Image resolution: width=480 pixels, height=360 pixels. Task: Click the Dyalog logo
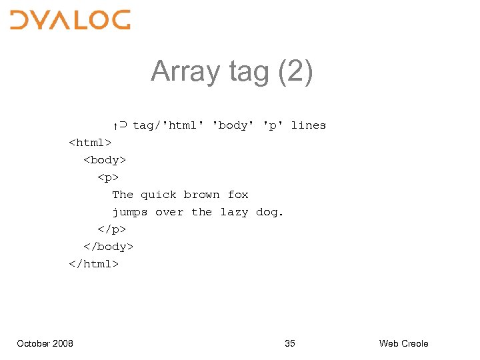[x=70, y=19]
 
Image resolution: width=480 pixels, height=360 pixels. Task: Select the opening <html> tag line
[x=90, y=143]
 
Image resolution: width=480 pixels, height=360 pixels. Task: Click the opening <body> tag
[x=104, y=160]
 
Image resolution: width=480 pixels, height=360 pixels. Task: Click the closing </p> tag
[x=111, y=229]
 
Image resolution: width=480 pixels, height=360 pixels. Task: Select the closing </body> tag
[x=107, y=247]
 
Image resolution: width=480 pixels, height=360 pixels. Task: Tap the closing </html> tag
[x=93, y=264]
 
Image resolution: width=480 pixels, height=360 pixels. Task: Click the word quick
[x=159, y=195]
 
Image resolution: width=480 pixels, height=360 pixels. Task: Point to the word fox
[x=238, y=195]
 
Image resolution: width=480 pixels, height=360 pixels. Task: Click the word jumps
[x=129, y=212]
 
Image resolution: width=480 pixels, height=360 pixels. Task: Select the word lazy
[x=234, y=212]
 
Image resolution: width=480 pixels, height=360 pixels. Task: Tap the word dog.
[x=269, y=212]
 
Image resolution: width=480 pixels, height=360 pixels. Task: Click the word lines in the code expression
[x=308, y=125]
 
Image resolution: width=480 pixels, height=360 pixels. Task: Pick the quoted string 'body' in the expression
[x=233, y=125]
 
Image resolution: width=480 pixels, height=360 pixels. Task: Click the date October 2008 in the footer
[x=45, y=343]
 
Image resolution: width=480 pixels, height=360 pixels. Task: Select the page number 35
[x=289, y=343]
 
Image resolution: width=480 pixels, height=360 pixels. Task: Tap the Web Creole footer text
[x=403, y=343]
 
